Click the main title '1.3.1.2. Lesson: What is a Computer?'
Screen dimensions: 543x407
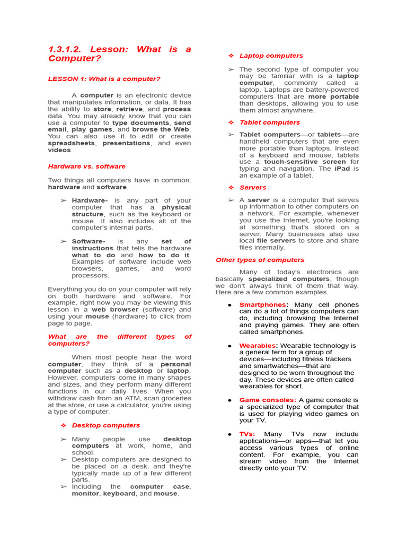pyautogui.click(x=119, y=54)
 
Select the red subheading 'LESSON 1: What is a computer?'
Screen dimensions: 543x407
pyautogui.click(x=104, y=79)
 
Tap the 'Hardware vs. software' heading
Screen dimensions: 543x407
pyautogui.click(x=86, y=167)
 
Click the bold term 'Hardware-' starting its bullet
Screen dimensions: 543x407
pyautogui.click(x=90, y=200)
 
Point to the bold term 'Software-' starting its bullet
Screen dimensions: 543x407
pyautogui.click(x=89, y=241)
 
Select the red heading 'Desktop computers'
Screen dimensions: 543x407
pyautogui.click(x=106, y=425)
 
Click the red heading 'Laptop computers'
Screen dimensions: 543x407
pyautogui.click(x=271, y=56)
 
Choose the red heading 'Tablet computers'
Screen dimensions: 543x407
pyautogui.click(x=269, y=122)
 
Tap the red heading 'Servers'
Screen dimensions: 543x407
pyautogui.click(x=253, y=188)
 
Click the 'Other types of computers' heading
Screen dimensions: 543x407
pyautogui.click(x=260, y=260)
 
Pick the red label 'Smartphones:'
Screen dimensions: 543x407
pyautogui.click(x=263, y=305)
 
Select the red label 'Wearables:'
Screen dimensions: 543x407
pyautogui.click(x=259, y=346)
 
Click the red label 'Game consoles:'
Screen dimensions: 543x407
pyautogui.click(x=268, y=400)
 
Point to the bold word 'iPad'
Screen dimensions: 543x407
pyautogui.click(x=342, y=169)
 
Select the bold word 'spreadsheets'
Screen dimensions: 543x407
pyautogui.click(x=72, y=143)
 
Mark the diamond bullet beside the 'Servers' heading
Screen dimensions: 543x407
pyautogui.click(x=231, y=188)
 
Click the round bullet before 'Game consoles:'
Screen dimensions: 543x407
pyautogui.click(x=229, y=400)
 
